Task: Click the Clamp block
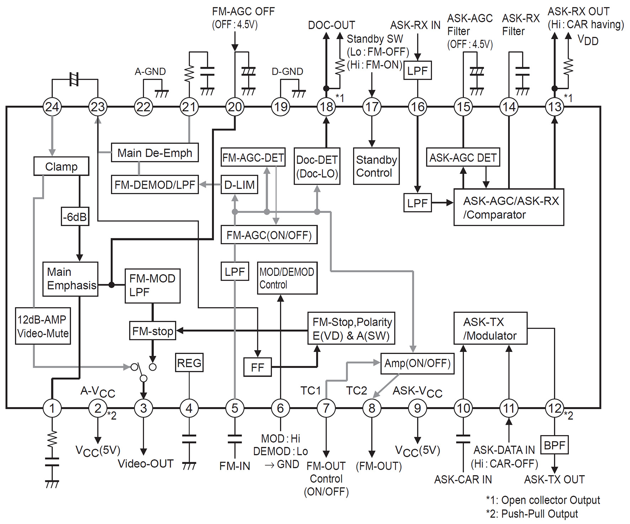coord(61,166)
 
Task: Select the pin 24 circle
coord(52,107)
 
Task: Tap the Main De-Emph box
coord(155,153)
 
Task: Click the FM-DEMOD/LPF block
coord(155,185)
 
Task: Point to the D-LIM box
coord(239,185)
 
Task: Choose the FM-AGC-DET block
coord(253,157)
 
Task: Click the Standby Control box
coord(376,166)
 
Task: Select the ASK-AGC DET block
coord(463,157)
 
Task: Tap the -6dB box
coord(75,216)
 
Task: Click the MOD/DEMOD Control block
coord(287,278)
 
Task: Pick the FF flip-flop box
coord(257,367)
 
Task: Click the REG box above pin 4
coord(189,363)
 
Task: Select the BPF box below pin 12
coord(554,445)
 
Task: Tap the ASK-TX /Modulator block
coord(490,328)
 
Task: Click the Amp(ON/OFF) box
coord(417,363)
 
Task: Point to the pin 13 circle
coord(554,107)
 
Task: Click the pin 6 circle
coord(281,408)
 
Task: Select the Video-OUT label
coord(145,464)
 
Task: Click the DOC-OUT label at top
coord(331,25)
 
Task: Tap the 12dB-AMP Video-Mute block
coord(43,326)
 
